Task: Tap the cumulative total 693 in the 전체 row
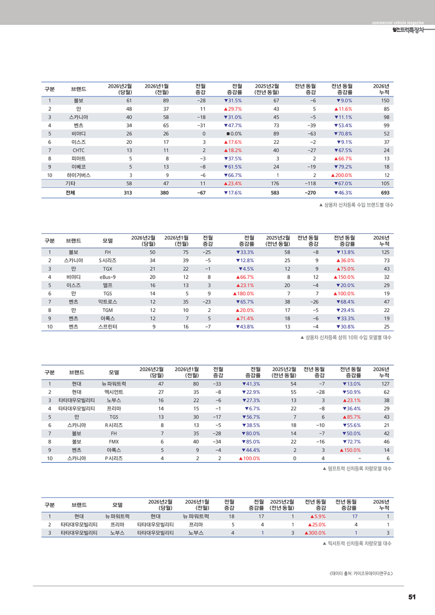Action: (x=384, y=192)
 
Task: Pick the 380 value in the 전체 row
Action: (x=164, y=192)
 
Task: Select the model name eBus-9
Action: (x=107, y=277)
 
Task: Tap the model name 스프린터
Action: (x=107, y=326)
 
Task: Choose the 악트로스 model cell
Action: (x=107, y=302)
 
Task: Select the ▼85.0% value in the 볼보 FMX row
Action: (x=250, y=441)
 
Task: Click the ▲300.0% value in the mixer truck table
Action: (x=315, y=532)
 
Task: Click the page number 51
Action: (x=412, y=597)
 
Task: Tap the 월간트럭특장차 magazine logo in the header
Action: (x=407, y=29)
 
